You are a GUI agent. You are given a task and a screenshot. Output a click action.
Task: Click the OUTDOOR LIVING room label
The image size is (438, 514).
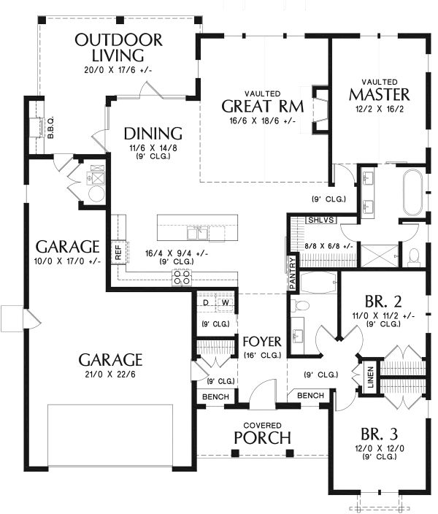tap(118, 47)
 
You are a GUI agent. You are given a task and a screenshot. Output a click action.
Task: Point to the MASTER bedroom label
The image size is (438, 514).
tap(378, 94)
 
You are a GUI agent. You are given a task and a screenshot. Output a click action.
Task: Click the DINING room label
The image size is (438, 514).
tap(152, 134)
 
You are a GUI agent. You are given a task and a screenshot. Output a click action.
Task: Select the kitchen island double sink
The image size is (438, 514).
tap(198, 233)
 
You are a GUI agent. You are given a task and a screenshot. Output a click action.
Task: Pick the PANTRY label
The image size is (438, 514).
tap(293, 272)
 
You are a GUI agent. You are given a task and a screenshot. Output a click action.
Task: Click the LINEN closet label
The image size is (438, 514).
tap(370, 376)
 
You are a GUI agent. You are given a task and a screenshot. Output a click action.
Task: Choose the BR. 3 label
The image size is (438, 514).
tap(379, 433)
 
